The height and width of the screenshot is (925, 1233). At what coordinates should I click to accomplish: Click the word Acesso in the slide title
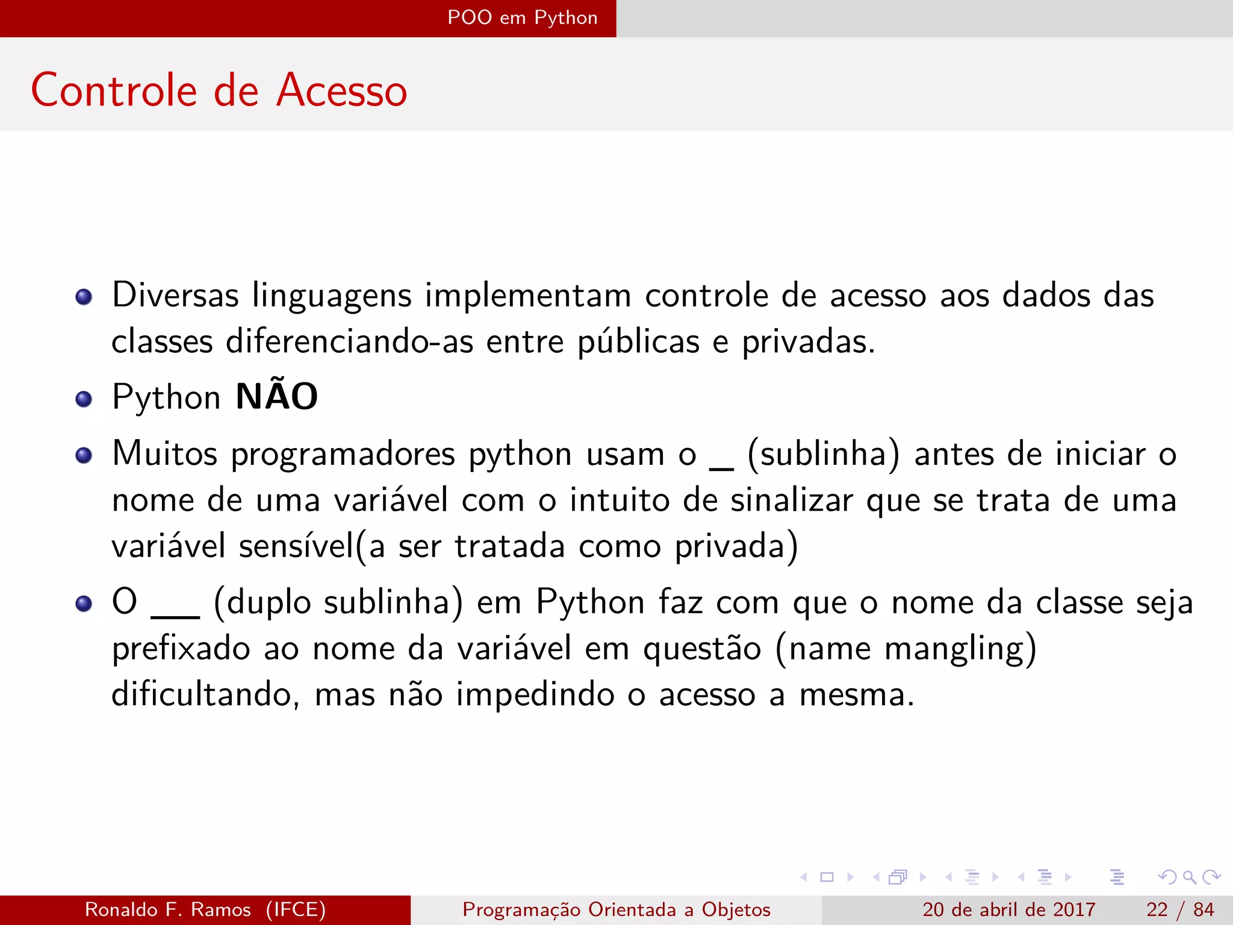[341, 90]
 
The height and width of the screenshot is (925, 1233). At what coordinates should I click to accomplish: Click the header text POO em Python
[522, 18]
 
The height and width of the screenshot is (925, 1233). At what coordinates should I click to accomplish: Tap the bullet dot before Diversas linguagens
[84, 297]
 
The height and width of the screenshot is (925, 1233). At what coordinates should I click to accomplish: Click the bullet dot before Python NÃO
[84, 399]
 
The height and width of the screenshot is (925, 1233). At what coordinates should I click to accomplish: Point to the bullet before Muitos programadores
[84, 455]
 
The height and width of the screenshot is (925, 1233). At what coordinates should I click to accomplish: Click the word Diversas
[175, 296]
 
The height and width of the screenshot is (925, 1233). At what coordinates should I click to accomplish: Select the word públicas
[638, 342]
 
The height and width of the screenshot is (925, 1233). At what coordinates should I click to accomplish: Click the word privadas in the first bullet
[807, 342]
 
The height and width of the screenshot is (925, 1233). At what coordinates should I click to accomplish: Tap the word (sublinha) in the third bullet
[823, 454]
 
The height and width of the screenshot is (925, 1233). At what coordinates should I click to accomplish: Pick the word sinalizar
[791, 500]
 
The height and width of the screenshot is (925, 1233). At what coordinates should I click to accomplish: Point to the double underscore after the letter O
[175, 615]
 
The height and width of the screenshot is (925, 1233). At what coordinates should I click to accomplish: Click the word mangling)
[960, 649]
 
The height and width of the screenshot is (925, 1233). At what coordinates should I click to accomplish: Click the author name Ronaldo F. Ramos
[168, 909]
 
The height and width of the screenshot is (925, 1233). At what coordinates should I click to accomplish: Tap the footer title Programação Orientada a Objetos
[616, 909]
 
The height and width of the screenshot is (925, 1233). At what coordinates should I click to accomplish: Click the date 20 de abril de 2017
[1008, 909]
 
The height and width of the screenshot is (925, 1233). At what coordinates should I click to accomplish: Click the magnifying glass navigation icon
[1189, 877]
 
